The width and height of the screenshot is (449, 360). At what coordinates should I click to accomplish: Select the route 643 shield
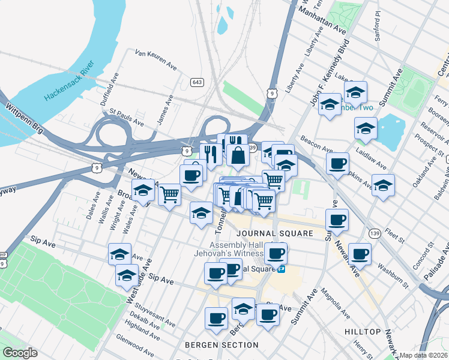click(196, 82)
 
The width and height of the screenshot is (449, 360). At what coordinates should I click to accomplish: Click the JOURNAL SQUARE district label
click(267, 233)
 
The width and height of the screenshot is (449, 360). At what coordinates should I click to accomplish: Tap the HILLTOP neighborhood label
click(363, 332)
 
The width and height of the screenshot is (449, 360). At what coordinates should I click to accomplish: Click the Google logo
click(20, 353)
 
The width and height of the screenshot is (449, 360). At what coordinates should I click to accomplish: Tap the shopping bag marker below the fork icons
click(238, 155)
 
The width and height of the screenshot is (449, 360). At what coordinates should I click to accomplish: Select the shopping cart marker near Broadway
click(170, 194)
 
